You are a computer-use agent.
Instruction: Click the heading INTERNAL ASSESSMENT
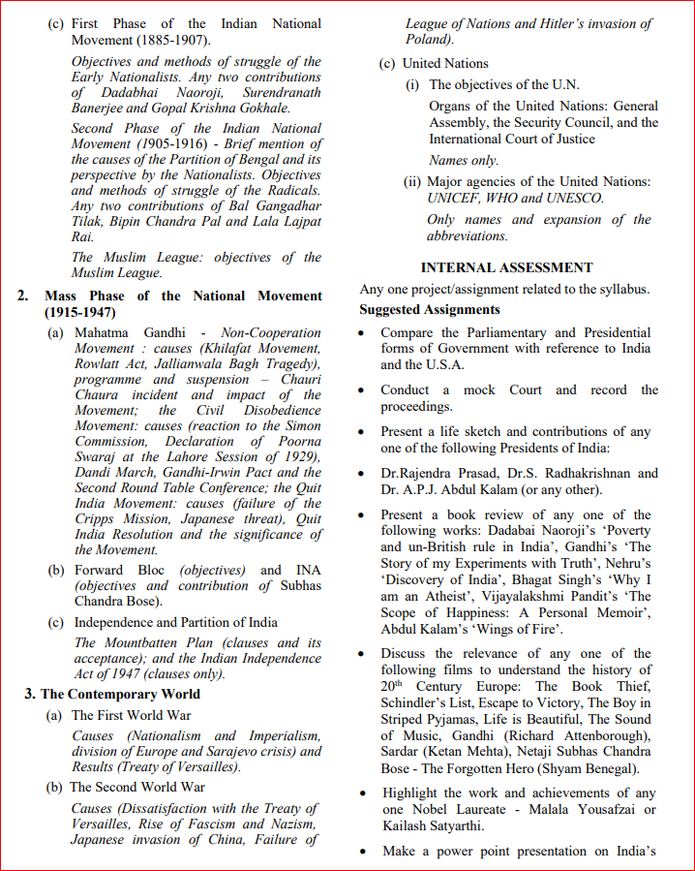click(x=506, y=267)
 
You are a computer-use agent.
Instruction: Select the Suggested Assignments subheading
click(x=430, y=309)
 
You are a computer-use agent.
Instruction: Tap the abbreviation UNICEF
click(x=454, y=198)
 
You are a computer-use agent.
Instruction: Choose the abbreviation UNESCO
click(x=573, y=198)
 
